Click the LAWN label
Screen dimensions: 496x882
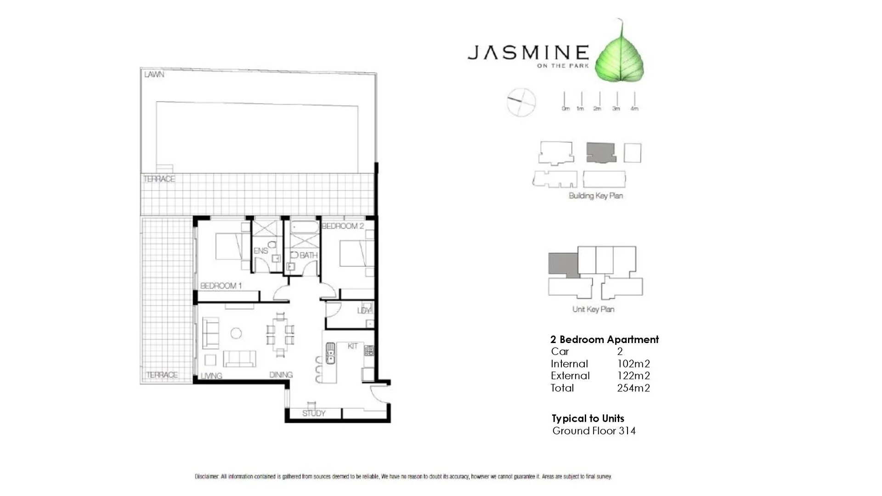coord(154,74)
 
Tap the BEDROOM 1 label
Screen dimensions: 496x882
coord(221,286)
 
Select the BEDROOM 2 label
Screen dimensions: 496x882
coord(343,226)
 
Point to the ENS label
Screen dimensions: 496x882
coord(260,251)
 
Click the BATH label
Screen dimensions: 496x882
coord(308,255)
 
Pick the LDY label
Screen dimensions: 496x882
coord(363,311)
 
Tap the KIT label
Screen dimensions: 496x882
coord(352,346)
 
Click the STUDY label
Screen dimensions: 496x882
coord(314,413)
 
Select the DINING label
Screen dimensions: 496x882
coord(281,375)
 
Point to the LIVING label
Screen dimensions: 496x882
coord(211,376)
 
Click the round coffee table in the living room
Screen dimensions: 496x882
coord(236,333)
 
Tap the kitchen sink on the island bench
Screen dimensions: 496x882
coord(330,353)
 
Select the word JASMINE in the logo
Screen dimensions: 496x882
coord(528,52)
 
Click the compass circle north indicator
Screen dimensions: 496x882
coord(521,102)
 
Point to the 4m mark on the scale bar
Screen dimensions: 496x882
coord(634,108)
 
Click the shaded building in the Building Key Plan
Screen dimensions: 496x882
coord(601,152)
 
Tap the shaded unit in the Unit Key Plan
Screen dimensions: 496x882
coord(563,264)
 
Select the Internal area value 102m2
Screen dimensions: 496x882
coord(633,364)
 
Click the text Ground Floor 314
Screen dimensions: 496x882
coord(594,431)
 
